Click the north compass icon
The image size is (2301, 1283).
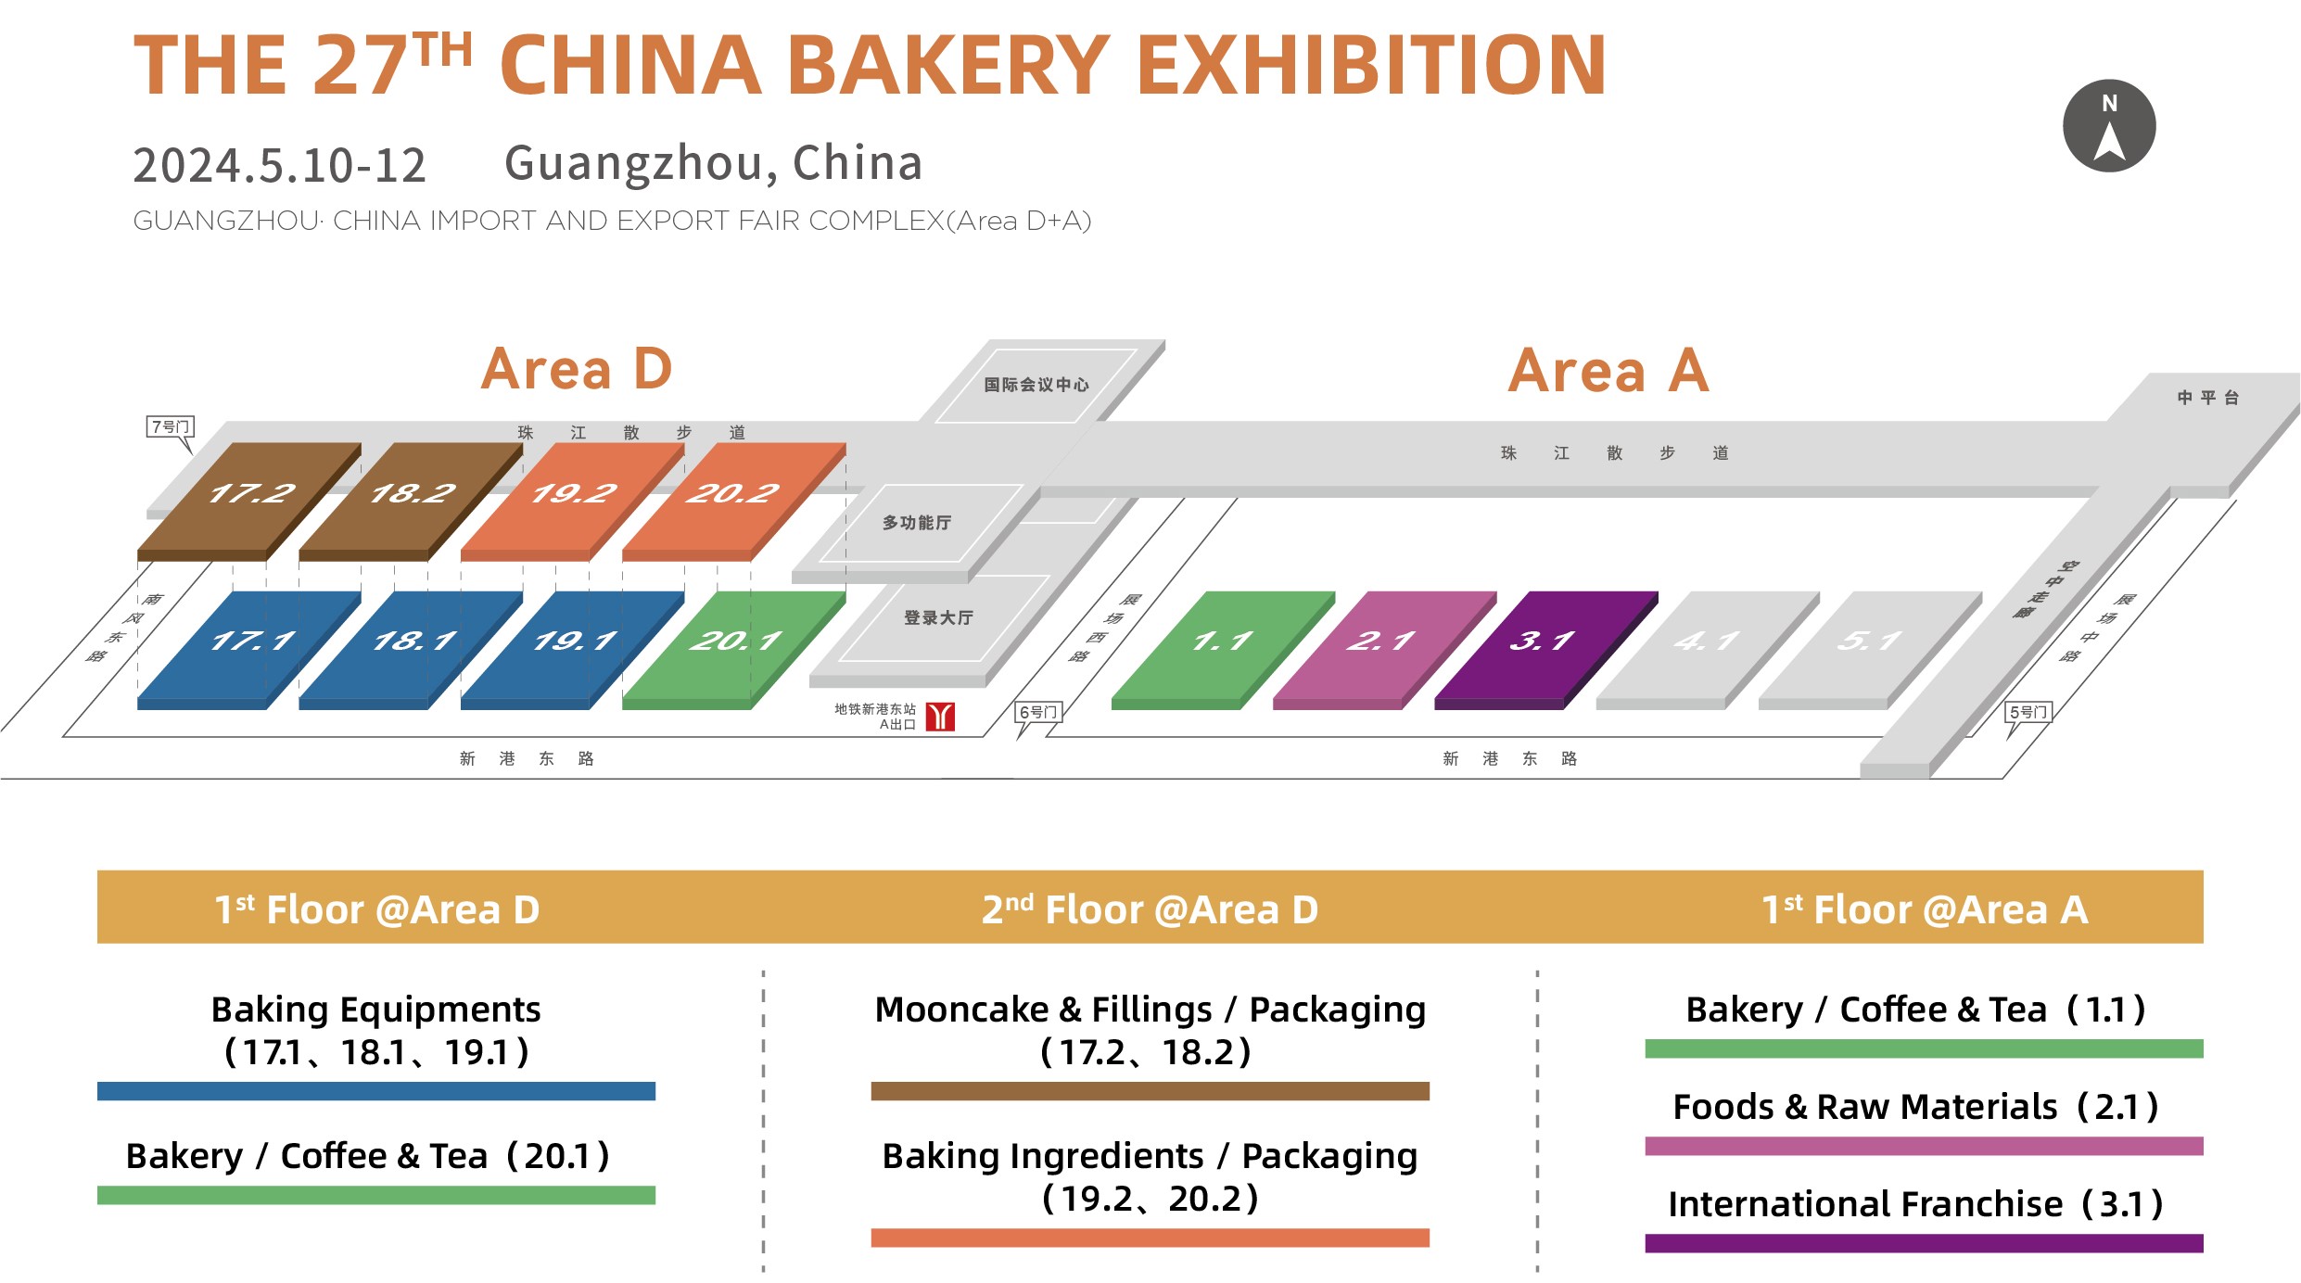pos(2108,126)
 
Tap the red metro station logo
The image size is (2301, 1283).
pos(940,717)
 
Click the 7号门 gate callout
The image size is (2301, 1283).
pos(171,427)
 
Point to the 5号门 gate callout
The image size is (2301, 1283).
pos(2028,713)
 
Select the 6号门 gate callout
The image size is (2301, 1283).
pos(1038,713)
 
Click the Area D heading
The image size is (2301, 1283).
pos(576,370)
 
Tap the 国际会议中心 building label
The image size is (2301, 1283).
pos(1036,385)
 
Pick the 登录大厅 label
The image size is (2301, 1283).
pos(938,618)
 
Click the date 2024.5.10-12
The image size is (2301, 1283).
pos(279,166)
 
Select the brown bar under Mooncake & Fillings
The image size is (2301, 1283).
pos(1150,1091)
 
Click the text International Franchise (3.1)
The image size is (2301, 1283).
pos(1915,1204)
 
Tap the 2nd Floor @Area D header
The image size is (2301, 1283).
pos(1150,909)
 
